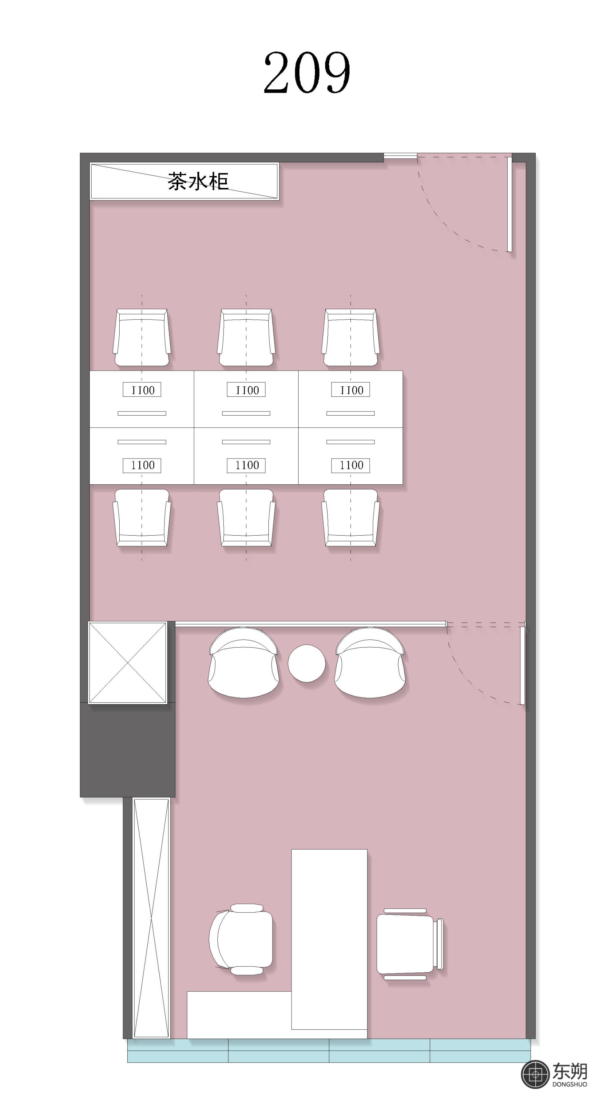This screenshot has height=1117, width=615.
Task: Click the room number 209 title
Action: click(x=307, y=72)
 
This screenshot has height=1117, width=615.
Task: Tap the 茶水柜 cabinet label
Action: click(x=198, y=181)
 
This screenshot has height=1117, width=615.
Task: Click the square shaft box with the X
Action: click(x=128, y=662)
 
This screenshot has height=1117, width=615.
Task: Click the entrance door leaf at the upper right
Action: click(x=510, y=204)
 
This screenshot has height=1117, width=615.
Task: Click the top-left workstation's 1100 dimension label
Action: click(x=142, y=390)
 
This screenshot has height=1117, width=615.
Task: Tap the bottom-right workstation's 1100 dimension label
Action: click(x=351, y=465)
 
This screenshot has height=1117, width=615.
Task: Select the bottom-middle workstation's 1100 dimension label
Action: click(x=246, y=465)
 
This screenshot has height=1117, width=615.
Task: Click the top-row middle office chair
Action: click(x=246, y=337)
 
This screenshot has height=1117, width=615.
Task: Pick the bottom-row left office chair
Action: click(x=142, y=517)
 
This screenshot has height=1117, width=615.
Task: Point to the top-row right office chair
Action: click(x=351, y=337)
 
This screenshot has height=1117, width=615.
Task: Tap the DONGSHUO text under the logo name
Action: click(x=569, y=1084)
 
